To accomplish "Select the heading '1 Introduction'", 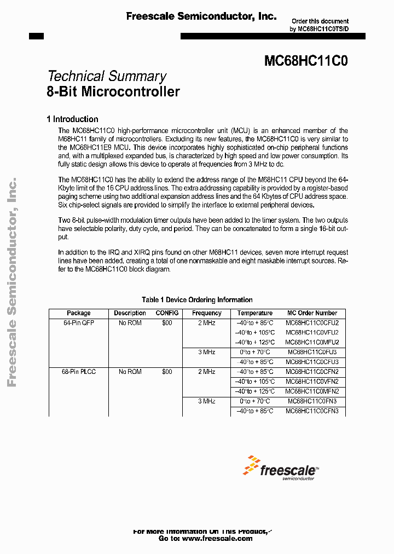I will (73, 119).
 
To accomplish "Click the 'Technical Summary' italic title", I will (107, 77).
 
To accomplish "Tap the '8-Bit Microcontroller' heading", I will (113, 91).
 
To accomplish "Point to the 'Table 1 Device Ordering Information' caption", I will (197, 300).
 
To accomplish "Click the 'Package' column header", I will (79, 313).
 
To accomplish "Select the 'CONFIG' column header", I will (167, 313).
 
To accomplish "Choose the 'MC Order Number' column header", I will (312, 313).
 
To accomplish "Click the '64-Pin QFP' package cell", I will (79, 323).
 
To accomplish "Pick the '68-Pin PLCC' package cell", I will (79, 372).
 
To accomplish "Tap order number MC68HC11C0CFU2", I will (312, 323).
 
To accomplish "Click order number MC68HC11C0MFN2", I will (312, 391).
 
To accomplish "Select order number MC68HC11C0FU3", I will (312, 352).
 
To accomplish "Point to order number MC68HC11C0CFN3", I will (312, 411).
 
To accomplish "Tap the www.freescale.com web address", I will (217, 539).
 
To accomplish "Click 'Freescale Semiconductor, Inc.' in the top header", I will (201, 17).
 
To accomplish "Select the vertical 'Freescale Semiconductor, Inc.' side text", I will (11, 282).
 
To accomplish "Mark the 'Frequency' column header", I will (207, 313).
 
